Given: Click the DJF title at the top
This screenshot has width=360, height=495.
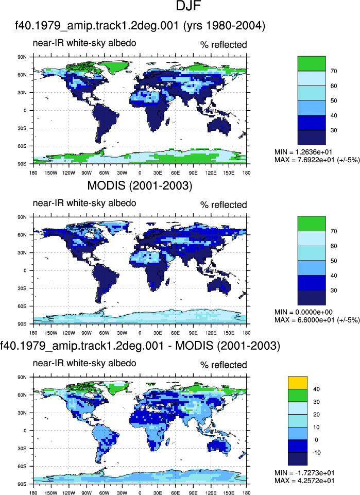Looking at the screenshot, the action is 188,6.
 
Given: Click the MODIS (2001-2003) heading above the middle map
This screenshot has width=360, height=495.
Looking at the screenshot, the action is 140,185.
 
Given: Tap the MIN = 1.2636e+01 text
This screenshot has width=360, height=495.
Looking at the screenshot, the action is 303,152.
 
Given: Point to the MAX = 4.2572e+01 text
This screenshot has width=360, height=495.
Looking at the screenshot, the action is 304,481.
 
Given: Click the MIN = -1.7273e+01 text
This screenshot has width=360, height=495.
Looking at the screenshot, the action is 304,472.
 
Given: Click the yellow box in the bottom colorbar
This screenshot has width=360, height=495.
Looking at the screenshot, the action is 298,383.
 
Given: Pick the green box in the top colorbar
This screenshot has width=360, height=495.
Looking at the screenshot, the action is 312,63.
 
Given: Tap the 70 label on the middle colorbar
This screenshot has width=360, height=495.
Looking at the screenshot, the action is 334,231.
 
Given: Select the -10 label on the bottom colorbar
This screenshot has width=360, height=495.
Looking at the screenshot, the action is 316,453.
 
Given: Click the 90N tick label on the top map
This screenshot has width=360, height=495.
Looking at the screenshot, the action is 22,57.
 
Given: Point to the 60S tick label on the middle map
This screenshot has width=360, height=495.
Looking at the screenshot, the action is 22,306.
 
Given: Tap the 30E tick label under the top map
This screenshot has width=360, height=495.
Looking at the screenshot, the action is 158,173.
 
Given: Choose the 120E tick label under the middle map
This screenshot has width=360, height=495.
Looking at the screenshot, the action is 211,333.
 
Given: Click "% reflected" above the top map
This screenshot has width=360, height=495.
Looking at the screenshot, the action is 224,45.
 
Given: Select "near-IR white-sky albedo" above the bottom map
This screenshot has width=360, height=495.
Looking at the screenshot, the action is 84,363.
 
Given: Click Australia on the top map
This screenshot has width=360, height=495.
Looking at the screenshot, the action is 219,126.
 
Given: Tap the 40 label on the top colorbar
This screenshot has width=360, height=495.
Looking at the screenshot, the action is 334,115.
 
